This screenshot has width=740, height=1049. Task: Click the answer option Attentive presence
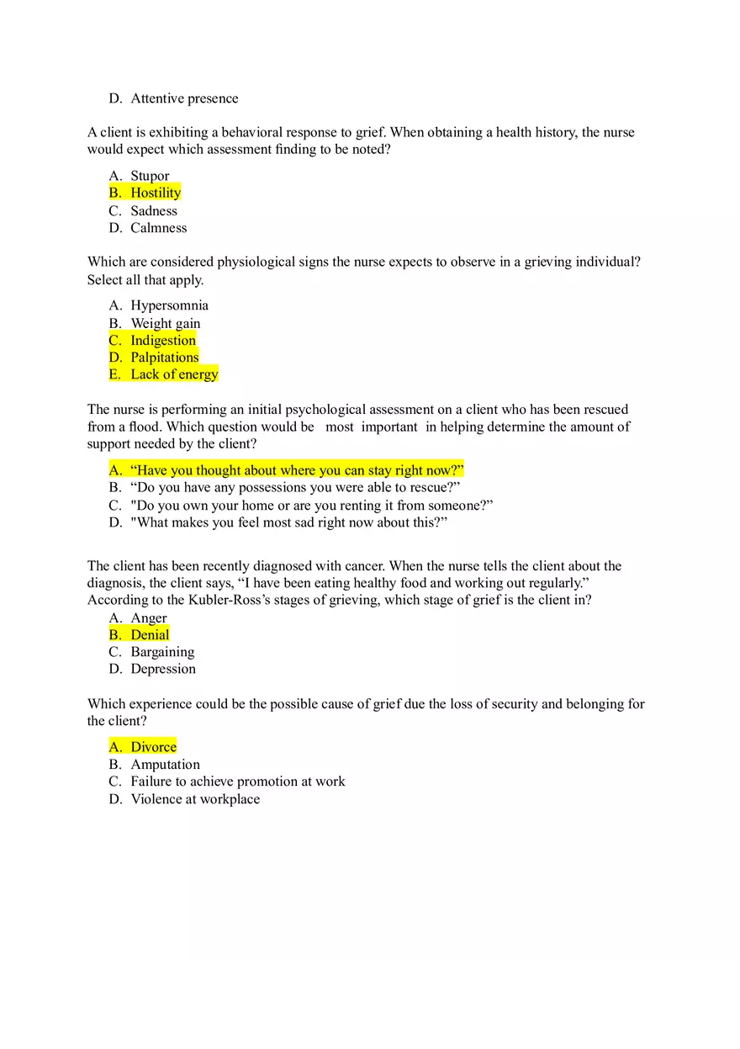pyautogui.click(x=184, y=98)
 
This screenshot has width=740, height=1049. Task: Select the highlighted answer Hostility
pyautogui.click(x=156, y=193)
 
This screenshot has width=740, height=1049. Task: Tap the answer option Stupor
pyautogui.click(x=150, y=176)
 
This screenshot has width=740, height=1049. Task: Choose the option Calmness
pyautogui.click(x=158, y=228)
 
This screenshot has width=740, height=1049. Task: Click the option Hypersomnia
pyautogui.click(x=169, y=305)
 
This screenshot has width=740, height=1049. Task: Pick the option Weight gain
pyautogui.click(x=165, y=323)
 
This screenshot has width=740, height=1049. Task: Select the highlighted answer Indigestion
pyautogui.click(x=163, y=340)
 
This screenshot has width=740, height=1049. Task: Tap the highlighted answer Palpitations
pyautogui.click(x=164, y=358)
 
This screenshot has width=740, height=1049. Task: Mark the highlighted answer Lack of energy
pyautogui.click(x=174, y=374)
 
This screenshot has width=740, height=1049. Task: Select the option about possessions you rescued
pyautogui.click(x=294, y=487)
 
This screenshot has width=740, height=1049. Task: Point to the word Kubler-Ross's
pyautogui.click(x=197, y=601)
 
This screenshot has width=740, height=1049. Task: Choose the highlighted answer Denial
pyautogui.click(x=150, y=635)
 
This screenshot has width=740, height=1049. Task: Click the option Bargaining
pyautogui.click(x=162, y=652)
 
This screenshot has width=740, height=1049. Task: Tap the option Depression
pyautogui.click(x=163, y=669)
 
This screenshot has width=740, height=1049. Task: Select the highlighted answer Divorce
pyautogui.click(x=153, y=747)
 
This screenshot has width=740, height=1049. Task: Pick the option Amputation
pyautogui.click(x=165, y=765)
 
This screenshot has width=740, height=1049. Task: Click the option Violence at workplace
pyautogui.click(x=195, y=799)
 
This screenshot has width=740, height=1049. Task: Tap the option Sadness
pyautogui.click(x=154, y=210)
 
